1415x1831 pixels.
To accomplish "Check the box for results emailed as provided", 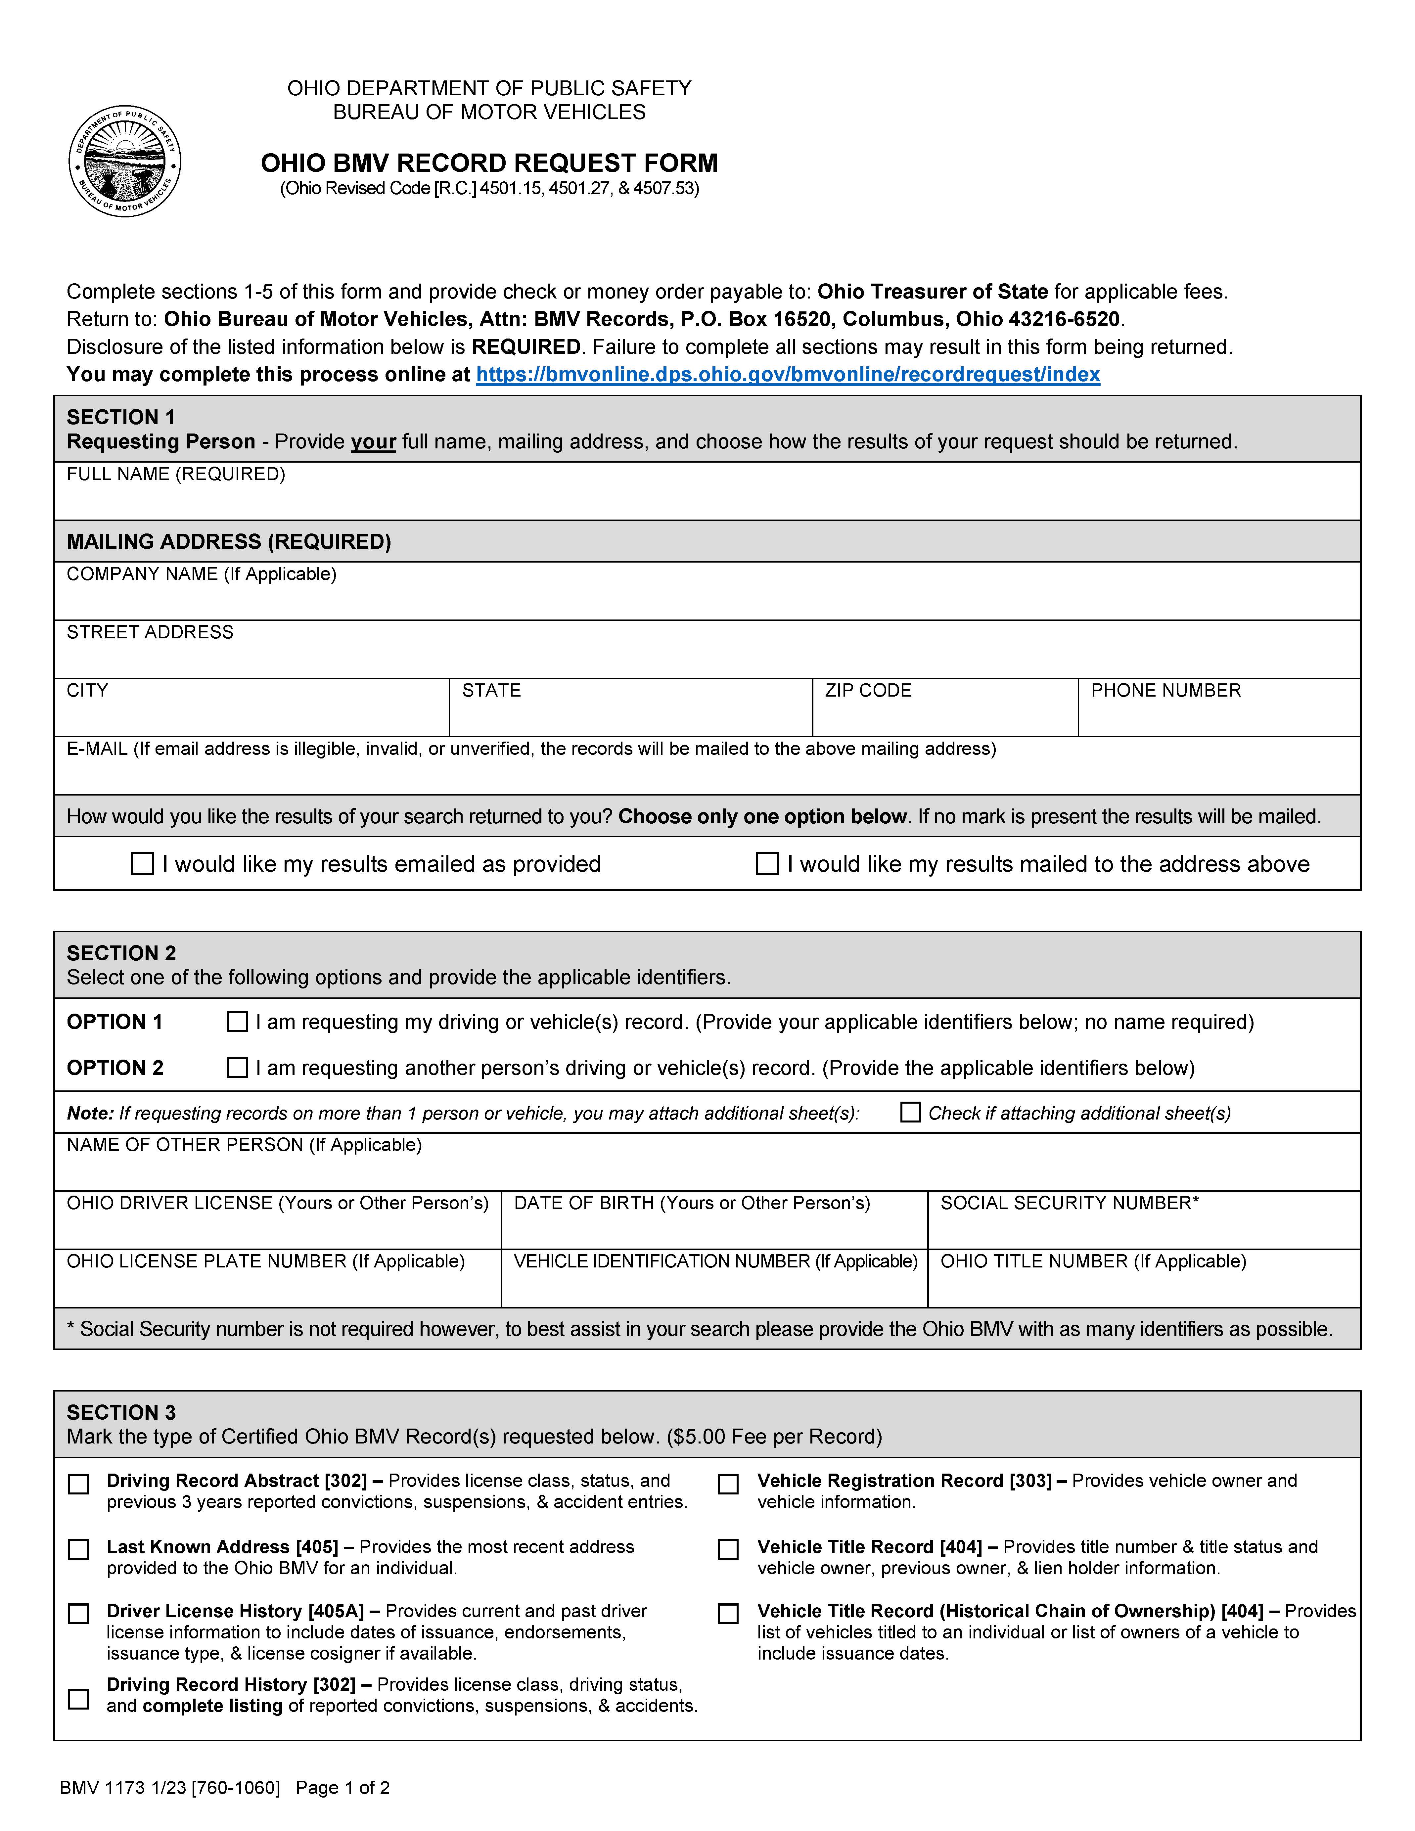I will click(143, 863).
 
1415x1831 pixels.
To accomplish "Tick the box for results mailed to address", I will click(767, 863).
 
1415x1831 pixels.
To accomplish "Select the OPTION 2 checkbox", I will click(238, 1067).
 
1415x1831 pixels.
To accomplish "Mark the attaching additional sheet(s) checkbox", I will click(910, 1113).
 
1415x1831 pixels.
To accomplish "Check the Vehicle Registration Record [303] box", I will click(728, 1484).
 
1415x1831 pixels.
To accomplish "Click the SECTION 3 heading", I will click(121, 1413).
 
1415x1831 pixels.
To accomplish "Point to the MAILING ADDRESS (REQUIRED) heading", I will click(229, 542).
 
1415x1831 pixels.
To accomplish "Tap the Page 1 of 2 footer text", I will click(343, 1788).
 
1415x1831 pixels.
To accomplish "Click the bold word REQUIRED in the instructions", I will click(525, 347).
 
